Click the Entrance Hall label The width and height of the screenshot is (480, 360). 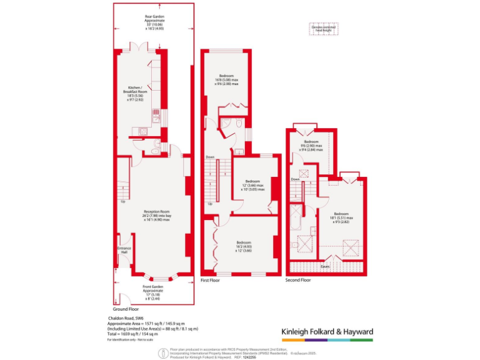[124, 250]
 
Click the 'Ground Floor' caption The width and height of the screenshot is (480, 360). [126, 309]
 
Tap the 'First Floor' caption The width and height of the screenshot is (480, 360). [211, 281]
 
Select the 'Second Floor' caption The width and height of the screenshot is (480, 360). [297, 281]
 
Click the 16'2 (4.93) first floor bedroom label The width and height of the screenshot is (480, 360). [244, 245]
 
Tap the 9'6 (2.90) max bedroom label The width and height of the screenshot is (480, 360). [311, 146]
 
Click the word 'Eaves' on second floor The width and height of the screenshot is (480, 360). [325, 266]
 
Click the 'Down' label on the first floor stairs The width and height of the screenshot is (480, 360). [210, 157]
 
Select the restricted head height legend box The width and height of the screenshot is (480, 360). [322, 27]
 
